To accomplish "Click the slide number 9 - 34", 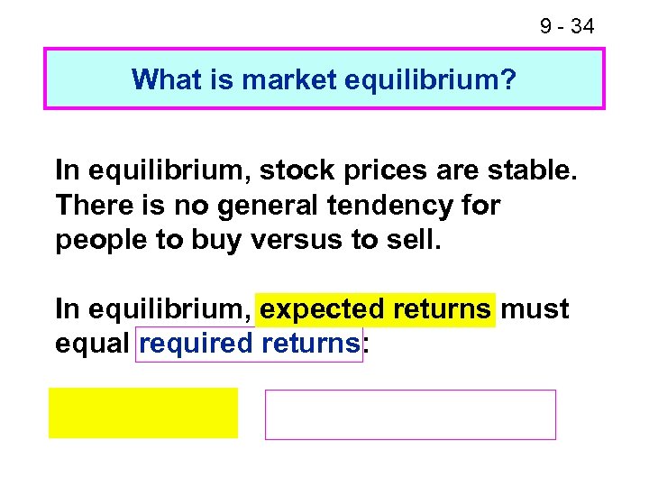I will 567,27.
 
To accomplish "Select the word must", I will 535,309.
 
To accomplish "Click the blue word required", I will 196,344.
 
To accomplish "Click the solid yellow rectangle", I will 143,413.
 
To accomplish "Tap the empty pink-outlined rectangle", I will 410,415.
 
